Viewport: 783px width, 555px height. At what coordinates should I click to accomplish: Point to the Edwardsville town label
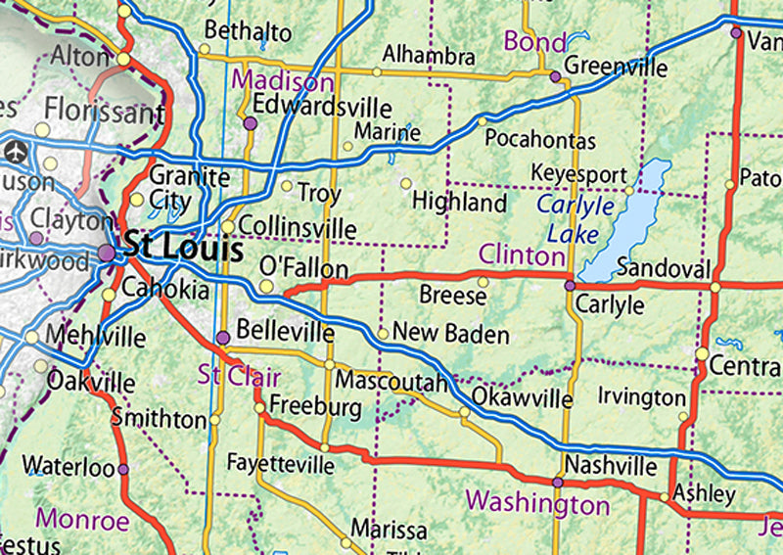point(322,108)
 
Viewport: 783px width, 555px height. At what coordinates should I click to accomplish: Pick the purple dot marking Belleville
point(223,337)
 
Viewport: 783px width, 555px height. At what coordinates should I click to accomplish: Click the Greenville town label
point(617,69)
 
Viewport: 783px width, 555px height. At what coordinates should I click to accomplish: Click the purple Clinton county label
point(521,255)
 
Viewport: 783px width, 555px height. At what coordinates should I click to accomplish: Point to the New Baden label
point(451,335)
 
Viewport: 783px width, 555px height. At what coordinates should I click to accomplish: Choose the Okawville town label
point(522,398)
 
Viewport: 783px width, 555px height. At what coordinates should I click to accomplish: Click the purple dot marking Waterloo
point(123,469)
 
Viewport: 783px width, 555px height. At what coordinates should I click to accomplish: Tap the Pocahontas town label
point(540,140)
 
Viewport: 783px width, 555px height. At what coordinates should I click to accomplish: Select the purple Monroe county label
point(82,520)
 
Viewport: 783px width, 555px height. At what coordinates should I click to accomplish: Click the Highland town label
point(459,203)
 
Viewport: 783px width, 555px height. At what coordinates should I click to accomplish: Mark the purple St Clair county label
point(240,376)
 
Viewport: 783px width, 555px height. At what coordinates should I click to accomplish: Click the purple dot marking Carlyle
point(570,286)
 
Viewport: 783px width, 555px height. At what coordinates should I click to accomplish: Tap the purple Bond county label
point(535,42)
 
